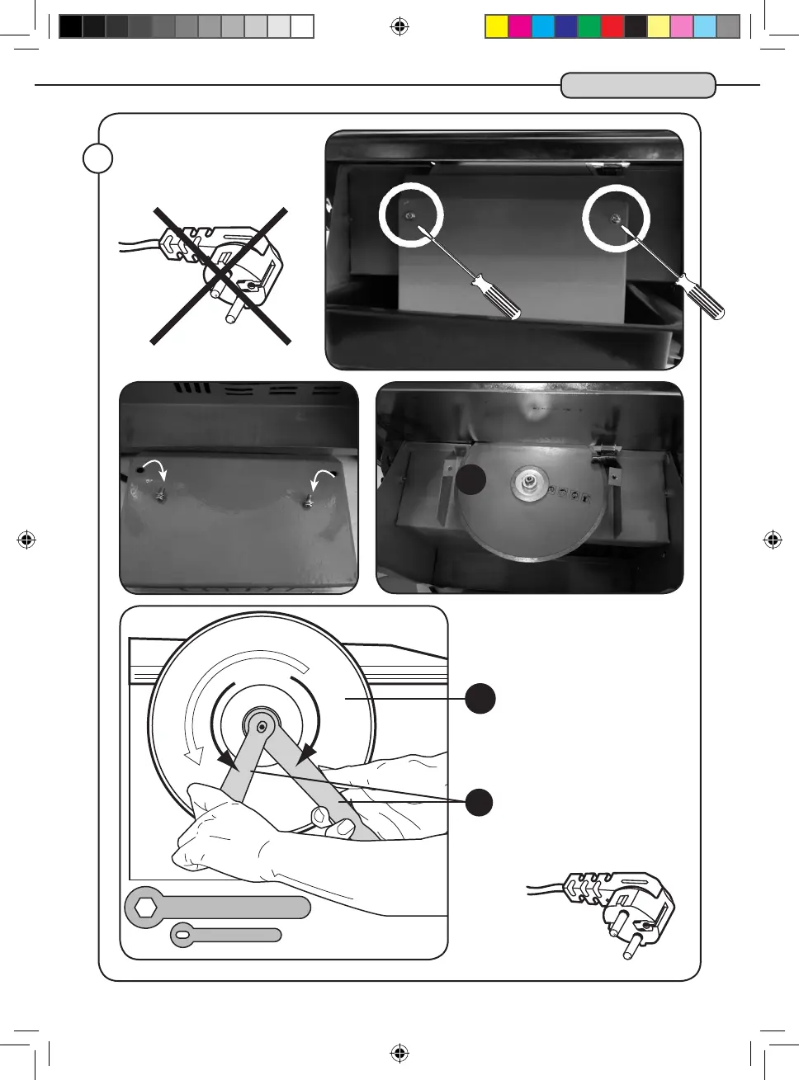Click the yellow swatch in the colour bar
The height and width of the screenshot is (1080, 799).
coord(496,27)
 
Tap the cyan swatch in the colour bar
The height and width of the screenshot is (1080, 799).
coord(542,27)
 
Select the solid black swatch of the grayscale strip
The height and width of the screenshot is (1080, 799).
coord(71,27)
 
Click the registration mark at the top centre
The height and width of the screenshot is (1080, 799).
coord(399,27)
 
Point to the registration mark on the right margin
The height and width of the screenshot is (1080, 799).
coord(773,540)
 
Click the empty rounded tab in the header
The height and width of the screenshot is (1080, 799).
coord(637,86)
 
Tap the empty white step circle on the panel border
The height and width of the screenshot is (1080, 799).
coord(98,158)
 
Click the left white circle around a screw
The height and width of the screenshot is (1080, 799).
coord(411,215)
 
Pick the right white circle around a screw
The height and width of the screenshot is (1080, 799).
coord(616,219)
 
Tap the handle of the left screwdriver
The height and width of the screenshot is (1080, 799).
coord(496,298)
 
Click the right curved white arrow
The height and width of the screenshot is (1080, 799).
coord(324,479)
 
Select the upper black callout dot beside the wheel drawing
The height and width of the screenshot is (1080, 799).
coord(480,699)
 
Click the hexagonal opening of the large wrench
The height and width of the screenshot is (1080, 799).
coord(146,908)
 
